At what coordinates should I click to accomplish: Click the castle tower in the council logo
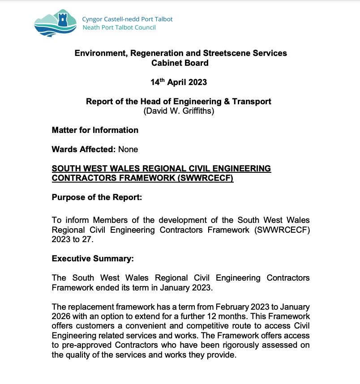click(62, 20)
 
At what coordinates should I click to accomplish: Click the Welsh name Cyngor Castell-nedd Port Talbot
click(127, 19)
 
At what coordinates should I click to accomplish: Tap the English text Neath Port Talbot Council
click(119, 27)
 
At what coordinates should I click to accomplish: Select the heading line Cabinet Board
click(180, 63)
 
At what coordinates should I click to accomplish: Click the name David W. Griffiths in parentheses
click(179, 111)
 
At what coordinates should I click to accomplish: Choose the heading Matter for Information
click(95, 130)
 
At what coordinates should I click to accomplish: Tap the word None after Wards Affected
click(128, 149)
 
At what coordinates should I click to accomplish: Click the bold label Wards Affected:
click(84, 149)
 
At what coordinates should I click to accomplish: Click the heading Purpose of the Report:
click(97, 197)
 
